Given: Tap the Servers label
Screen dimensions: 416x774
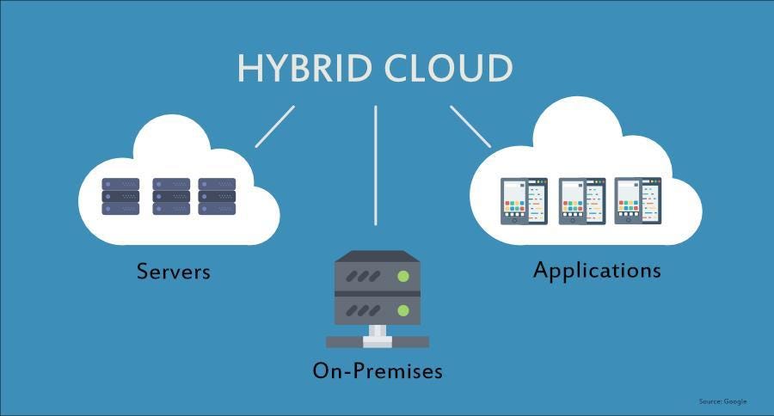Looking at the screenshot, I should click(174, 272).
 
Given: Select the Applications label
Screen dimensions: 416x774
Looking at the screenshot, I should click(597, 270).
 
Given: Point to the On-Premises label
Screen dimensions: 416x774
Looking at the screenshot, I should click(378, 371).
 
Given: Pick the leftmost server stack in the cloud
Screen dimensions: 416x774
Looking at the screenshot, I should click(120, 197).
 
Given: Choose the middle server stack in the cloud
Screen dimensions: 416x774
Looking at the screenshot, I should click(170, 197).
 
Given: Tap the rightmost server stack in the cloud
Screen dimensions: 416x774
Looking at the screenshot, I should click(217, 197).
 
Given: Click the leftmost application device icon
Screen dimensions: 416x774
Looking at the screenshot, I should click(525, 201).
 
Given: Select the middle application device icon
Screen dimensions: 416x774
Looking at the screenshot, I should click(581, 201).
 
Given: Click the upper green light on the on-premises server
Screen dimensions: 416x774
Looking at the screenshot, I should click(402, 277).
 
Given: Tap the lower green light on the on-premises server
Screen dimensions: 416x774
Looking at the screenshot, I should click(402, 308).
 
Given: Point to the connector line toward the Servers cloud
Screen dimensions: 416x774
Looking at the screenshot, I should click(275, 126).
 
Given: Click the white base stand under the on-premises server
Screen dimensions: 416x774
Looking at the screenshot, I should click(377, 339).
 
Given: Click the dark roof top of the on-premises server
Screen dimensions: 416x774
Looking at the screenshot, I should click(377, 256).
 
